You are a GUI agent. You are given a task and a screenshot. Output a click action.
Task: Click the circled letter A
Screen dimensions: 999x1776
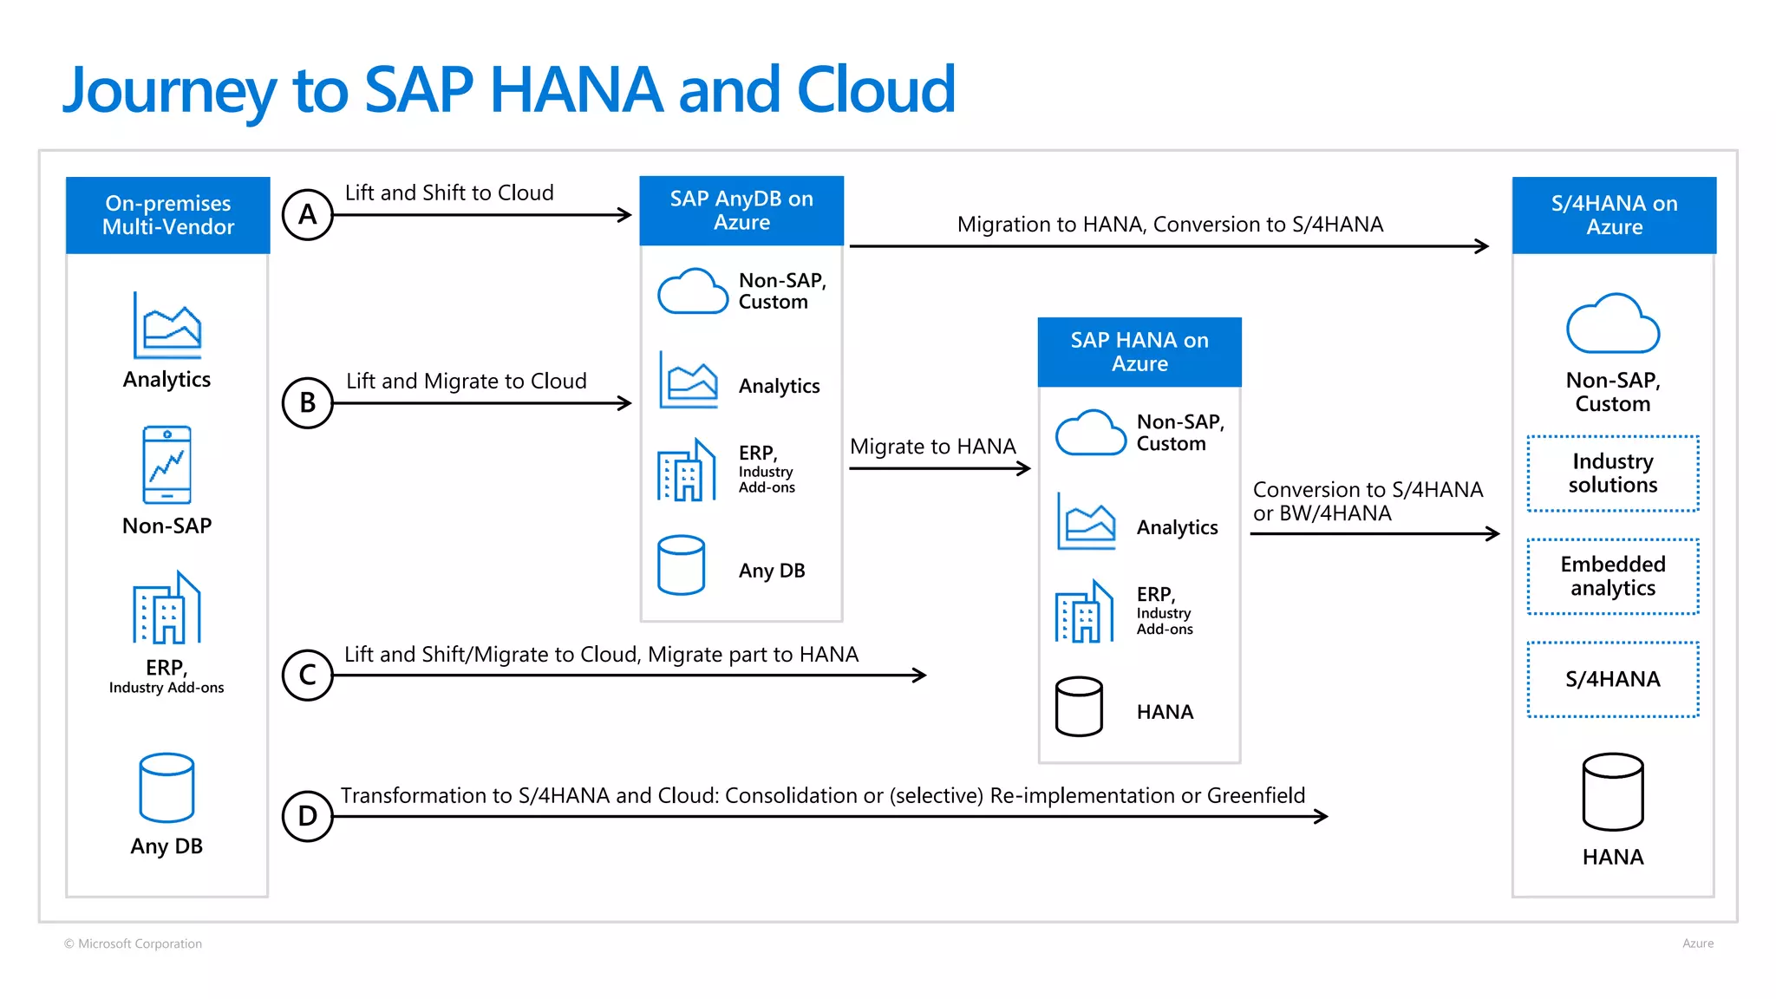tap(307, 214)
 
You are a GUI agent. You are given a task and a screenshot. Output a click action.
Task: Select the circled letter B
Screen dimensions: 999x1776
tap(307, 402)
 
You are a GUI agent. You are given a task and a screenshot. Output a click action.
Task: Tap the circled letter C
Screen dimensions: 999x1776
tap(307, 675)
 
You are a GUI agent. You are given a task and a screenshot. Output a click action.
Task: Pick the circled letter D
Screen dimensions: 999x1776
tap(307, 816)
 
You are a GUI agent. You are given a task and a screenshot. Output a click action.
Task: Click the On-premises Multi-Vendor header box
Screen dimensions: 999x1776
tap(167, 215)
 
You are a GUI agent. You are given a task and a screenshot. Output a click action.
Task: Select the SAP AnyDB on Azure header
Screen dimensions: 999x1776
tap(741, 211)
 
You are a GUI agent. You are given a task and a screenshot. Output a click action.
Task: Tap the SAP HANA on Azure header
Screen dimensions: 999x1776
tap(1139, 352)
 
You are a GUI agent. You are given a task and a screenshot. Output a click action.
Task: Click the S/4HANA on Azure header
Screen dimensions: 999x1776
tap(1614, 215)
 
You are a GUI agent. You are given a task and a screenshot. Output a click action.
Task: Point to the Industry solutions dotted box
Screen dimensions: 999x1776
tap(1612, 473)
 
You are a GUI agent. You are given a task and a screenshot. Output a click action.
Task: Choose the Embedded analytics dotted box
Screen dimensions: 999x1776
tap(1612, 577)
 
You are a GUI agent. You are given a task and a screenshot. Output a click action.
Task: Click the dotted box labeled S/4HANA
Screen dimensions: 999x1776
tap(1612, 679)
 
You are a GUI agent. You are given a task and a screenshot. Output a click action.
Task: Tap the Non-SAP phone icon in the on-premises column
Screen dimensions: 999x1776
tap(166, 465)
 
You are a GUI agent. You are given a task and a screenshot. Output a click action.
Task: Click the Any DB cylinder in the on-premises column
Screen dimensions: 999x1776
tap(166, 787)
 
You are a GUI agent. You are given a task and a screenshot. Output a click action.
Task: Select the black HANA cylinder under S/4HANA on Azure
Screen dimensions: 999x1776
tap(1612, 792)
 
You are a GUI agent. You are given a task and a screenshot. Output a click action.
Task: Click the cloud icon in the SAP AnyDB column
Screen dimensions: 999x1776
tap(692, 291)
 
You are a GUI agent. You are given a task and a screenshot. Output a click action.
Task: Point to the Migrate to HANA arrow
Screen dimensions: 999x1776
tap(938, 469)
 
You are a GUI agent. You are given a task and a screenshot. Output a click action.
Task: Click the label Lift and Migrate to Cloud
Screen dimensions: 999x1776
tap(466, 382)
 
